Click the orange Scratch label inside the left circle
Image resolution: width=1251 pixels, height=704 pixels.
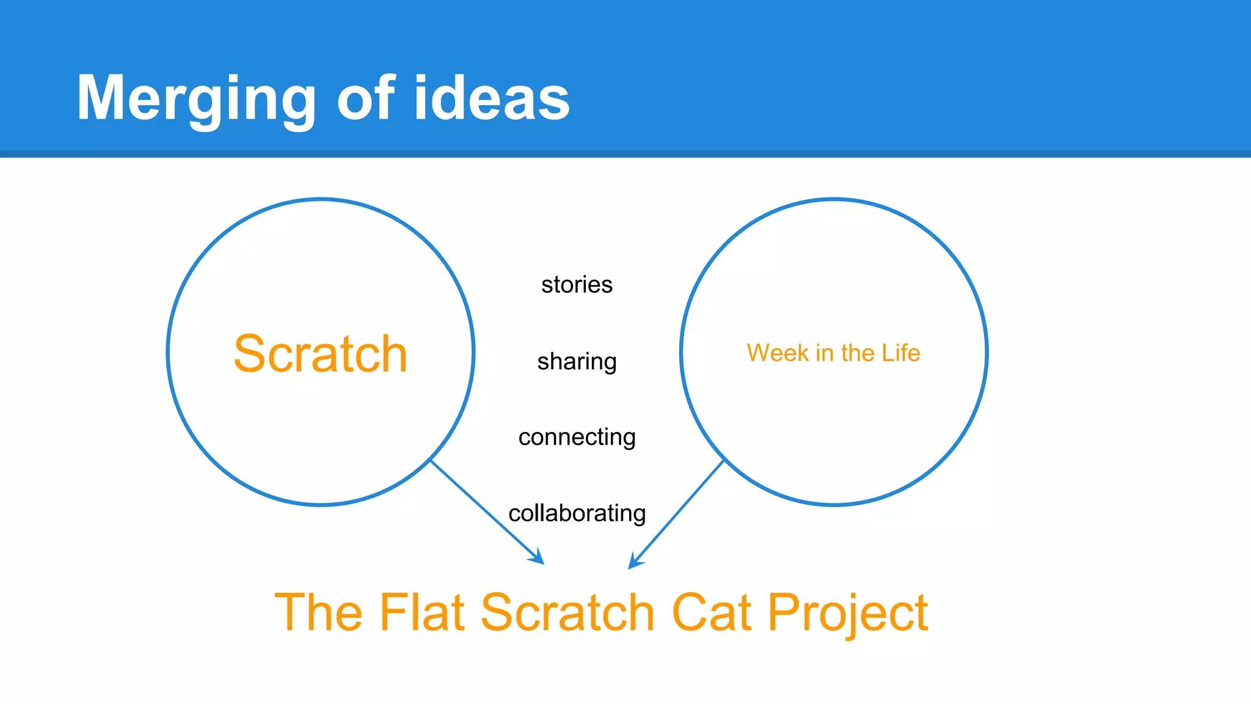(x=320, y=354)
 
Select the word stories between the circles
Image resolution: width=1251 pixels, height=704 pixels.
(x=577, y=285)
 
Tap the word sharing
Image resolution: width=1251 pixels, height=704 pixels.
(x=577, y=362)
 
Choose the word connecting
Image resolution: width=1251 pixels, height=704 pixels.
(x=577, y=438)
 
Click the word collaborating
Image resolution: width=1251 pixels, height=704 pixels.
(x=577, y=513)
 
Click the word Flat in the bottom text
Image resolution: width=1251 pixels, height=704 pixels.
(x=423, y=612)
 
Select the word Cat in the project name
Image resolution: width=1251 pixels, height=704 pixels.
(x=711, y=612)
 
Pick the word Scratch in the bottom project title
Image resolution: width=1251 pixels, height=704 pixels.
(x=568, y=612)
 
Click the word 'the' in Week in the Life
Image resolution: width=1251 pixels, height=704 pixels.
(x=858, y=353)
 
